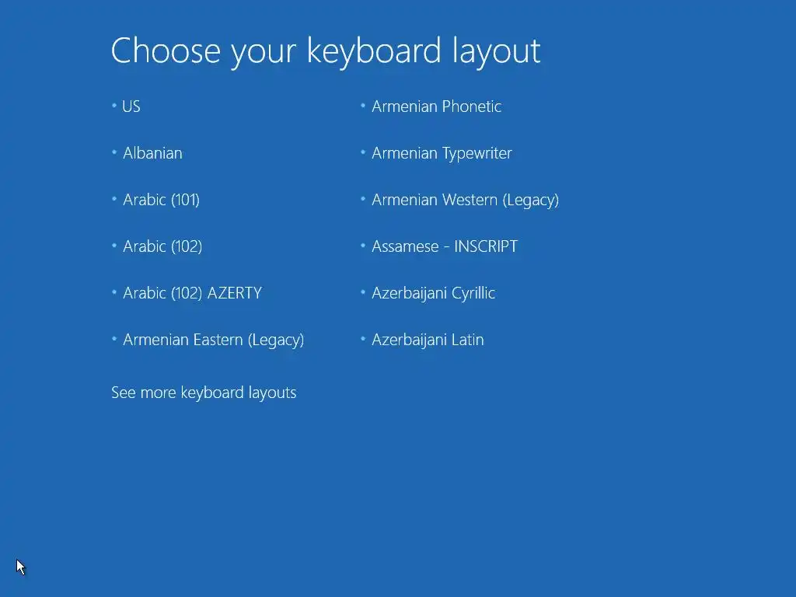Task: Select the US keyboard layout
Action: (131, 106)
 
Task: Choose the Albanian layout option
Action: (152, 153)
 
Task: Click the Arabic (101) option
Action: (161, 200)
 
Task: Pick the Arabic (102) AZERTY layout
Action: (193, 293)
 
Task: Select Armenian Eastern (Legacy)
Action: (213, 340)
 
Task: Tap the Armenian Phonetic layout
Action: (437, 106)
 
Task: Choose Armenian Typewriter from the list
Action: (442, 153)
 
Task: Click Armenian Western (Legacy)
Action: (465, 200)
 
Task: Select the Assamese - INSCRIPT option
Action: (445, 246)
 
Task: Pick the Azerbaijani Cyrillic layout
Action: (433, 293)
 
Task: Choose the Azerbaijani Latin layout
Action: (428, 340)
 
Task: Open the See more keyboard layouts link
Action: (204, 393)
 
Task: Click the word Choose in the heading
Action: (166, 51)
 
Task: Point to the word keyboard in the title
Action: (374, 52)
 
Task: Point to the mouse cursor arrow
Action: (20, 567)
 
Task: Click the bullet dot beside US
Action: (114, 106)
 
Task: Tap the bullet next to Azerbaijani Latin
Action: (363, 339)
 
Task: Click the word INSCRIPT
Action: (486, 246)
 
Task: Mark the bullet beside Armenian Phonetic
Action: (363, 106)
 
